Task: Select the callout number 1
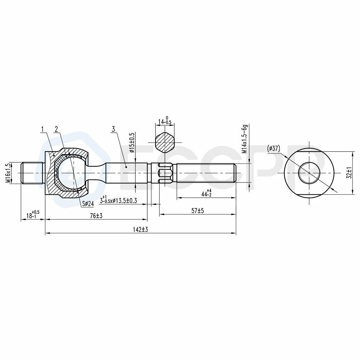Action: point(42,129)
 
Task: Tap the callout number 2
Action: point(56,129)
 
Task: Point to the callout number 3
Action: point(113,129)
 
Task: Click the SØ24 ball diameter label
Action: point(88,204)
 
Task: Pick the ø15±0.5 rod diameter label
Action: point(132,143)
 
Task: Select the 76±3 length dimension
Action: point(96,216)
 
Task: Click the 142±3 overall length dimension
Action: point(140,229)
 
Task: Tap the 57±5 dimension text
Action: point(198,211)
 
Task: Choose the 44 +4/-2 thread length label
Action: point(206,193)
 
